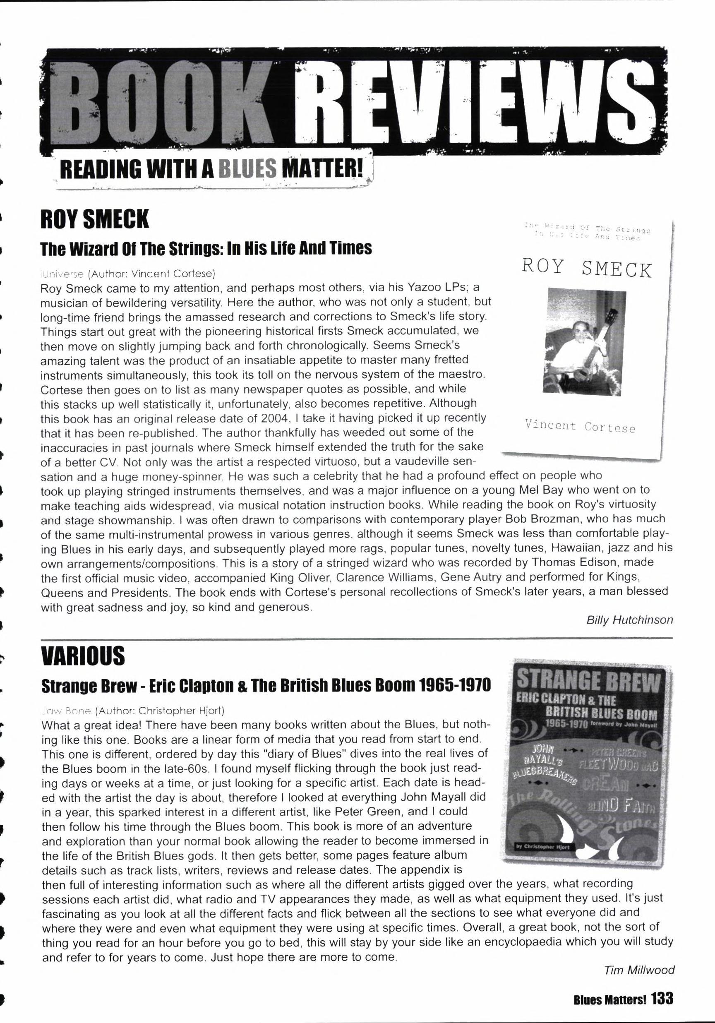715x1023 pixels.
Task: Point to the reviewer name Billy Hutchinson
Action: [x=629, y=620]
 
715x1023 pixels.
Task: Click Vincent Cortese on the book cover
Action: [x=580, y=426]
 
